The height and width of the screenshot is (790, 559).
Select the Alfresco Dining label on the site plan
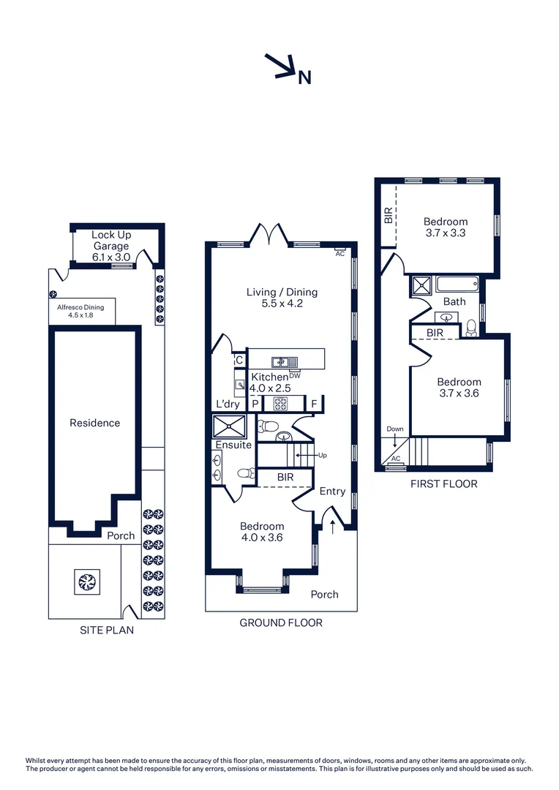pyautogui.click(x=80, y=312)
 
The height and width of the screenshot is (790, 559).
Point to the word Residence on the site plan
pyautogui.click(x=94, y=423)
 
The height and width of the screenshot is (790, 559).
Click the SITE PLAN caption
pyautogui.click(x=107, y=630)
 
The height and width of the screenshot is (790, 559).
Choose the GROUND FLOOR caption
pyautogui.click(x=281, y=623)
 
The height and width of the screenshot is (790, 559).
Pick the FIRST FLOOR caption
pyautogui.click(x=443, y=484)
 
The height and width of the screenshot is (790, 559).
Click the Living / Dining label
pyautogui.click(x=282, y=297)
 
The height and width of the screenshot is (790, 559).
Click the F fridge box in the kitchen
pyautogui.click(x=314, y=404)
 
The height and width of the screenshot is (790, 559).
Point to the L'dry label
pyautogui.click(x=227, y=404)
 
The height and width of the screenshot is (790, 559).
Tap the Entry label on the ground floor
pyautogui.click(x=332, y=492)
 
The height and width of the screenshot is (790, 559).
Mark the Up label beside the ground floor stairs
pyautogui.click(x=323, y=455)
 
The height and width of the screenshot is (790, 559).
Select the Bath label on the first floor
pyautogui.click(x=454, y=301)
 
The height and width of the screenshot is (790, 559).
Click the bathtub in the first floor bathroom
pyautogui.click(x=455, y=284)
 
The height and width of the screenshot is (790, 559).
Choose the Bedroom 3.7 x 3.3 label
pyautogui.click(x=446, y=227)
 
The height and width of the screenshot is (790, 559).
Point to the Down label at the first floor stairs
pyautogui.click(x=395, y=429)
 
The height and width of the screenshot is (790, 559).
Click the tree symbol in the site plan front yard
pyautogui.click(x=87, y=582)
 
